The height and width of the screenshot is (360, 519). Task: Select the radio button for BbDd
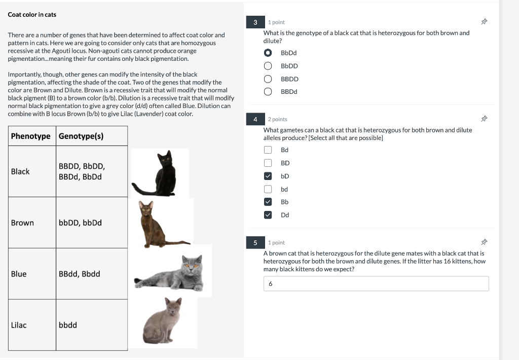268,53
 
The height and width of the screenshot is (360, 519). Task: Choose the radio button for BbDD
268,66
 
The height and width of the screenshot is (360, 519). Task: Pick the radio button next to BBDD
268,79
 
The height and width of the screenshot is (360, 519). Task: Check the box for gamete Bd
268,150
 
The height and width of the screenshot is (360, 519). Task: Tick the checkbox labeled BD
268,163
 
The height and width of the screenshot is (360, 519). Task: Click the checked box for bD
268,176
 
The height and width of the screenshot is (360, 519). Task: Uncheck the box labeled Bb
268,202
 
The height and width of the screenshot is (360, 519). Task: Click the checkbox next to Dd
268,215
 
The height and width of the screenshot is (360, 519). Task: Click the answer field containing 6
376,284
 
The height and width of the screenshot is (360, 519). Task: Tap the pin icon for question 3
484,22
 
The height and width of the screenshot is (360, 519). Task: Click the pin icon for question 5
484,242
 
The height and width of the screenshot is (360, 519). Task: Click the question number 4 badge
255,119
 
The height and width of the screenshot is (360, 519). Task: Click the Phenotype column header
31,136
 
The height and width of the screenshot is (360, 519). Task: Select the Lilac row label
19,325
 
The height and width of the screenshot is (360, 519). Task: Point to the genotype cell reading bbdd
68,325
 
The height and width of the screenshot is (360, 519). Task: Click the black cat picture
160,173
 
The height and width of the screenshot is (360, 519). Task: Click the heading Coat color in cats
32,15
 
